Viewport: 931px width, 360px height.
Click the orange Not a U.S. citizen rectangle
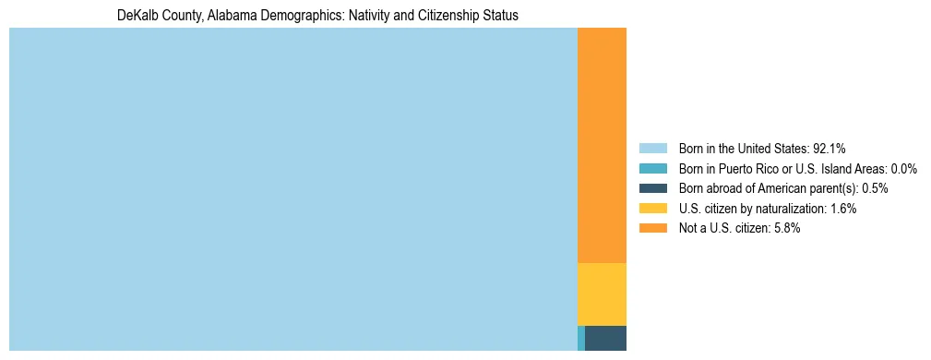(x=602, y=146)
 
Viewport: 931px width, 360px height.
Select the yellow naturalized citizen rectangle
(x=602, y=294)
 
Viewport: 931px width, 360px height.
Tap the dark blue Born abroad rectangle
(x=605, y=338)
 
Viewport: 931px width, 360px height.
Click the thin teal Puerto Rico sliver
(x=581, y=338)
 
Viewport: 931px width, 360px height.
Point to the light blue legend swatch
(x=652, y=149)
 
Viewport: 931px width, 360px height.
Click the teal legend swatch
(x=652, y=169)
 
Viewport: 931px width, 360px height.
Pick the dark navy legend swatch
(x=652, y=188)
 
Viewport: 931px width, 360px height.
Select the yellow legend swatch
(x=652, y=209)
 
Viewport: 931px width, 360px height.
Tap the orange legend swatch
(x=652, y=228)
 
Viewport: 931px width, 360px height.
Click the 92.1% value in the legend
(x=829, y=149)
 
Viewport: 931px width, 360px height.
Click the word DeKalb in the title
(x=137, y=17)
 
